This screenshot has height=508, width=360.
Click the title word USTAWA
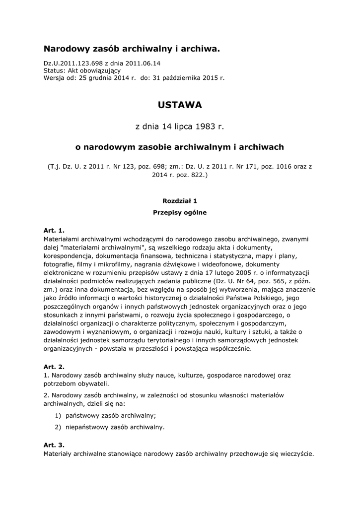[180, 105]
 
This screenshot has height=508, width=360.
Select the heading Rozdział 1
[180, 201]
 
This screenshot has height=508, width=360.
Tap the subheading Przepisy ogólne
[180, 213]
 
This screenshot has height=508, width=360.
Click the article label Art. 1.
[54, 231]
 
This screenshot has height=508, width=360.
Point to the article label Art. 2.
[54, 367]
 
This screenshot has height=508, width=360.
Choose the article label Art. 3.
[54, 445]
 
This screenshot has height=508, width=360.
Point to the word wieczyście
[297, 453]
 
